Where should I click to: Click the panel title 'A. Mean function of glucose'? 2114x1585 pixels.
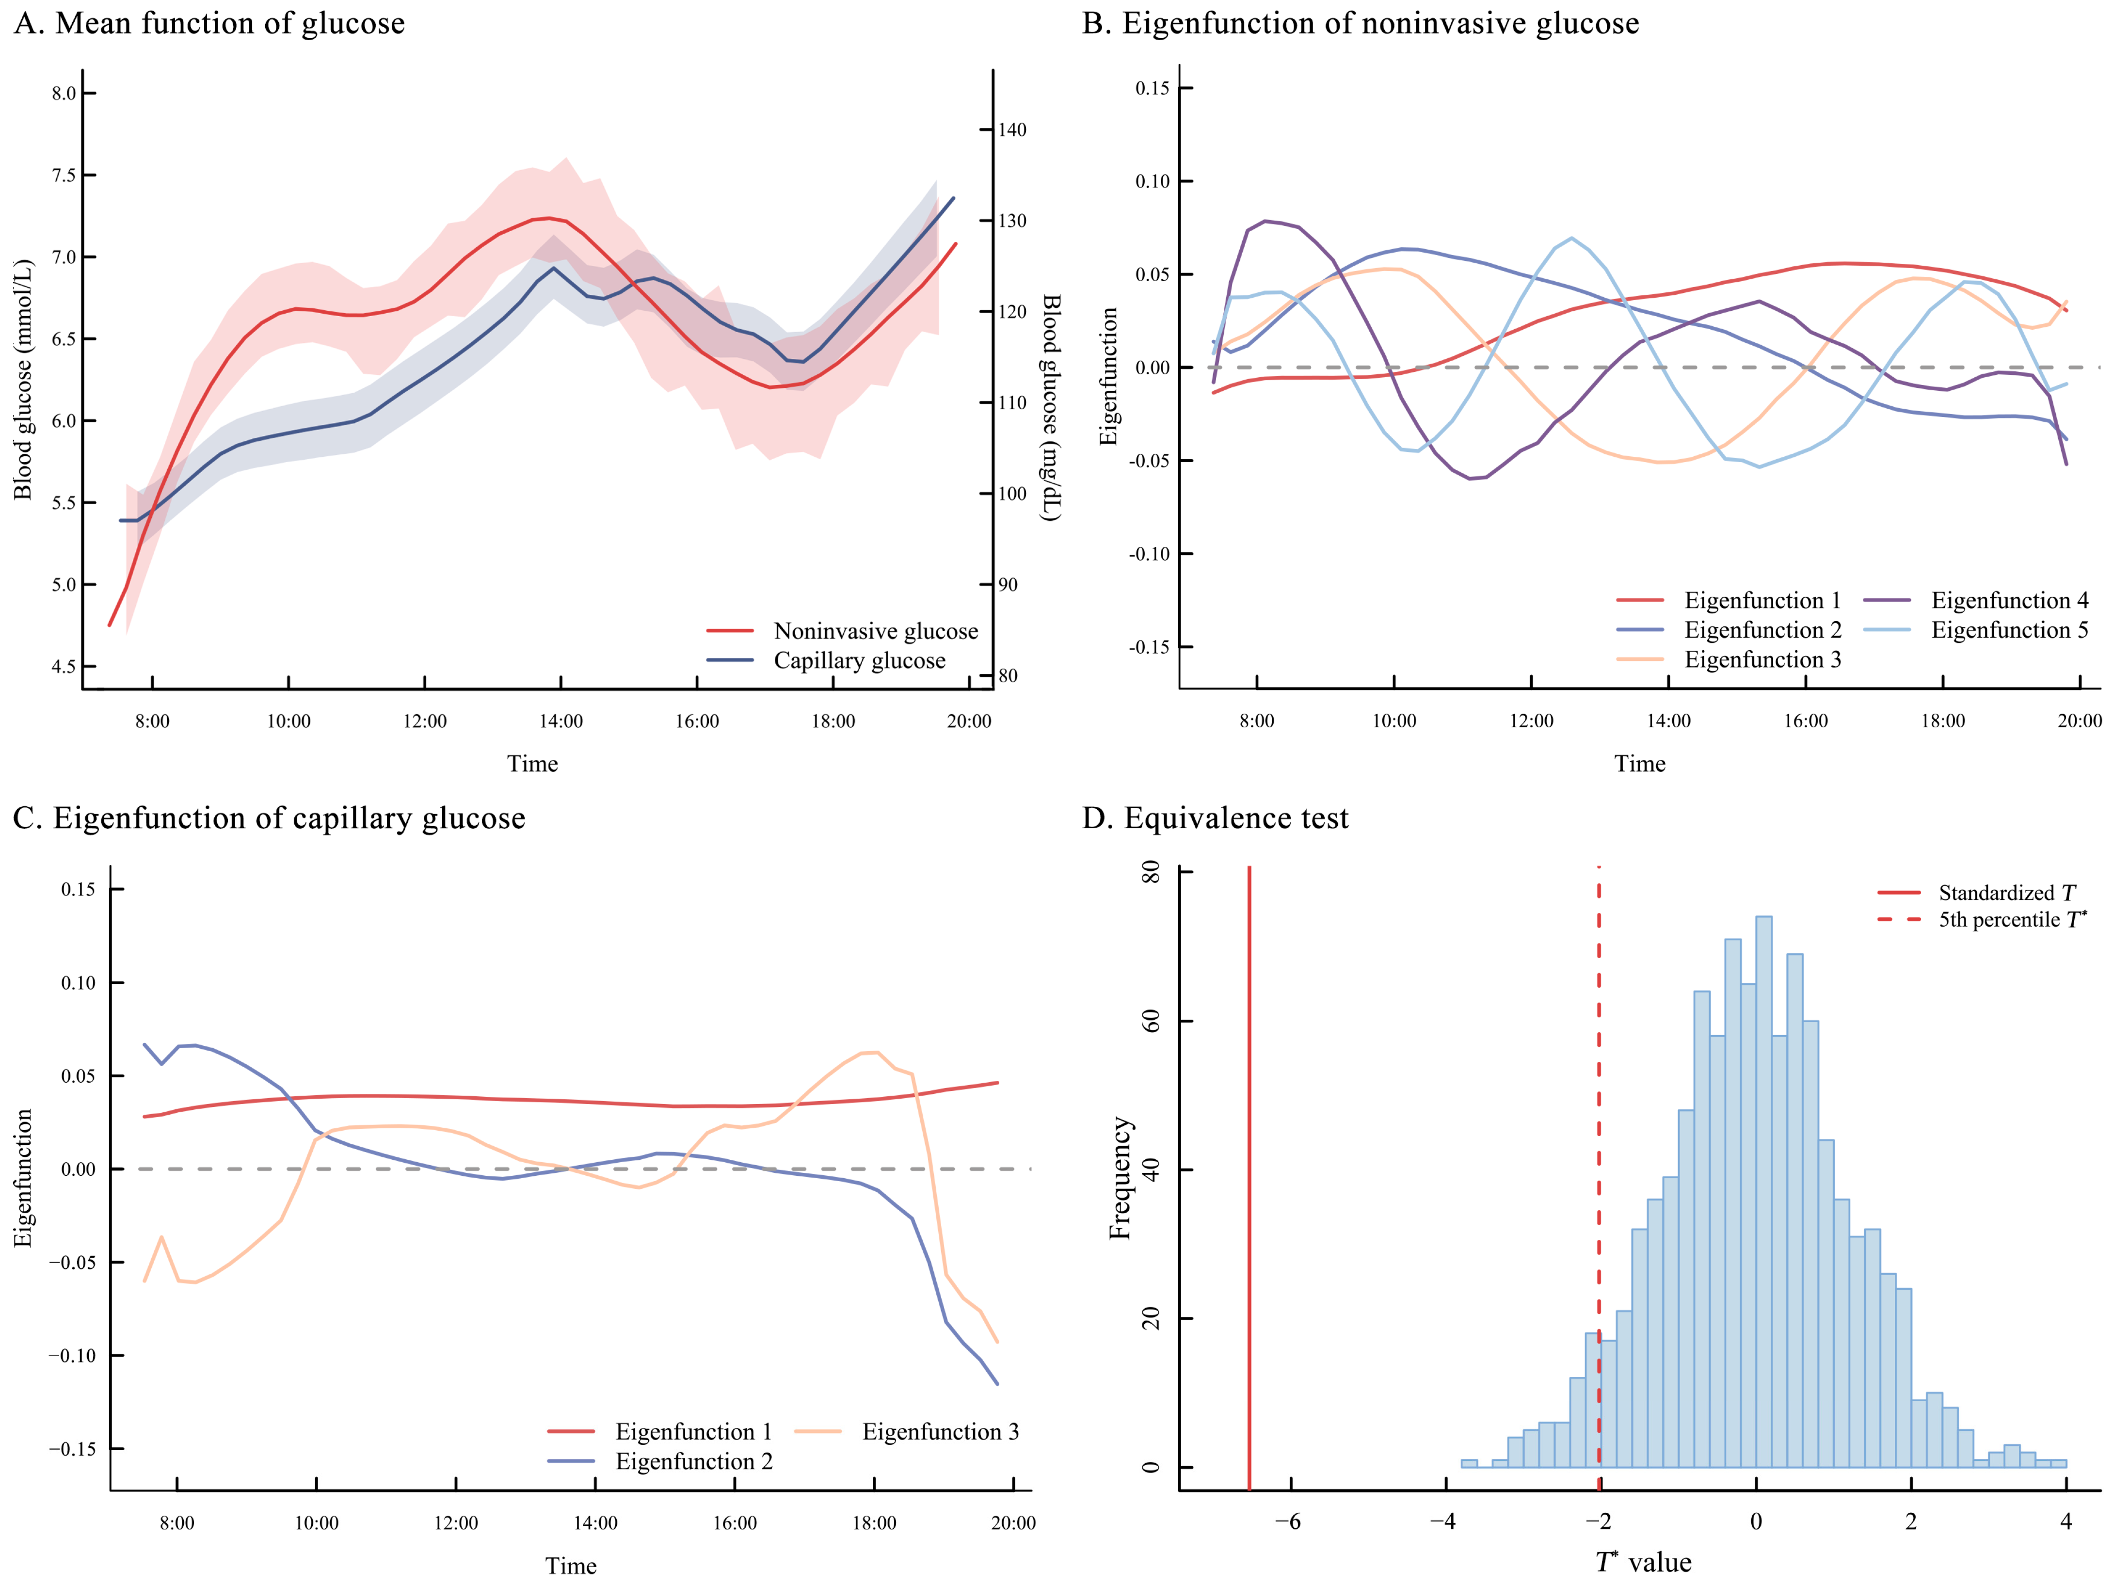click(209, 23)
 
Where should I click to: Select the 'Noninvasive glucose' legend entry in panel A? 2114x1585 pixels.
click(875, 631)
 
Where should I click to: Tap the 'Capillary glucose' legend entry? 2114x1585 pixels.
click(859, 660)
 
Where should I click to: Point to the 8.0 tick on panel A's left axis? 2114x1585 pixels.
click(64, 94)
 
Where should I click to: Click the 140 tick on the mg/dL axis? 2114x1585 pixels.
click(1012, 130)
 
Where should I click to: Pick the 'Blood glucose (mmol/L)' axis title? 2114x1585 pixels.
click(23, 380)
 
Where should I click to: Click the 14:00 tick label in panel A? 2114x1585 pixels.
click(560, 721)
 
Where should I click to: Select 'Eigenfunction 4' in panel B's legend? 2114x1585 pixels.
click(2009, 600)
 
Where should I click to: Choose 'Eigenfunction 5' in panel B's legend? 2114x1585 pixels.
click(2009, 630)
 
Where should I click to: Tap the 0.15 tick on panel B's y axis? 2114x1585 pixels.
click(1152, 89)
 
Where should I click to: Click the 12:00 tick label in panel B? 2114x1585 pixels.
click(1531, 721)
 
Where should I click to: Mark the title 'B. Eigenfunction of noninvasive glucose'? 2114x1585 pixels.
click(1360, 23)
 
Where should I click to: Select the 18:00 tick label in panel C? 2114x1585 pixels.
click(874, 1523)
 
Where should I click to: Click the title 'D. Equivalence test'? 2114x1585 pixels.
click(1215, 818)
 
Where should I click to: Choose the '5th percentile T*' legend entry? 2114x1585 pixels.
click(2012, 920)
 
